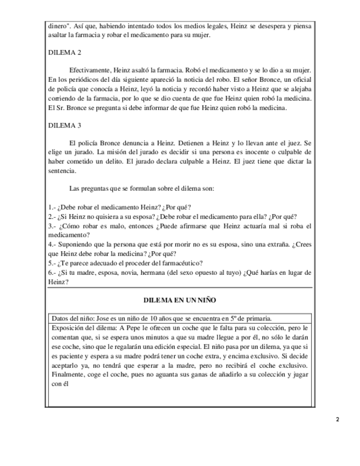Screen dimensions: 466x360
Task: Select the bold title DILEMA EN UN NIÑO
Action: [180, 300]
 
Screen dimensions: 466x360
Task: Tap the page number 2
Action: [337, 419]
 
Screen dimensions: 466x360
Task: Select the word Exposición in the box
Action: [69, 328]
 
